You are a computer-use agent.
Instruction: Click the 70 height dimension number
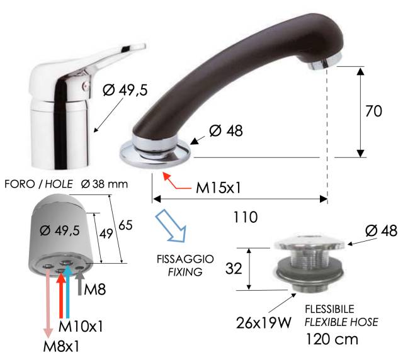[373, 111]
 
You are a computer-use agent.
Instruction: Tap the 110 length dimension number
[245, 217]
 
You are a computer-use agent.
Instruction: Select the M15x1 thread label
[219, 188]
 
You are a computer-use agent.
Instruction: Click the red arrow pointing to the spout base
[177, 181]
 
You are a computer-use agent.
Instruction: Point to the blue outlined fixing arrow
[171, 226]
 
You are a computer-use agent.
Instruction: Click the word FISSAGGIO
[185, 259]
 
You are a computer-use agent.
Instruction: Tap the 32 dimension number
[234, 269]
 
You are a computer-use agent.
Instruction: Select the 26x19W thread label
[264, 323]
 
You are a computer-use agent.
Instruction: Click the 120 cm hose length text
[332, 339]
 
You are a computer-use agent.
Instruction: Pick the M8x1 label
[61, 346]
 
